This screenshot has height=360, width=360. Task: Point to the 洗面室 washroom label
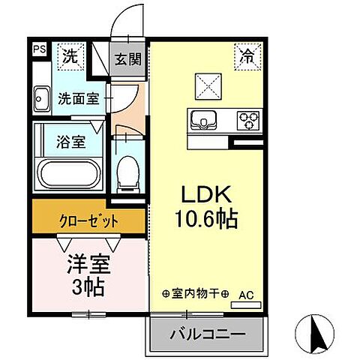click(x=78, y=98)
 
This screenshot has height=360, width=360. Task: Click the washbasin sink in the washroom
click(x=41, y=98)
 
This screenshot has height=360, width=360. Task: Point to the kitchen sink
click(x=202, y=119)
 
